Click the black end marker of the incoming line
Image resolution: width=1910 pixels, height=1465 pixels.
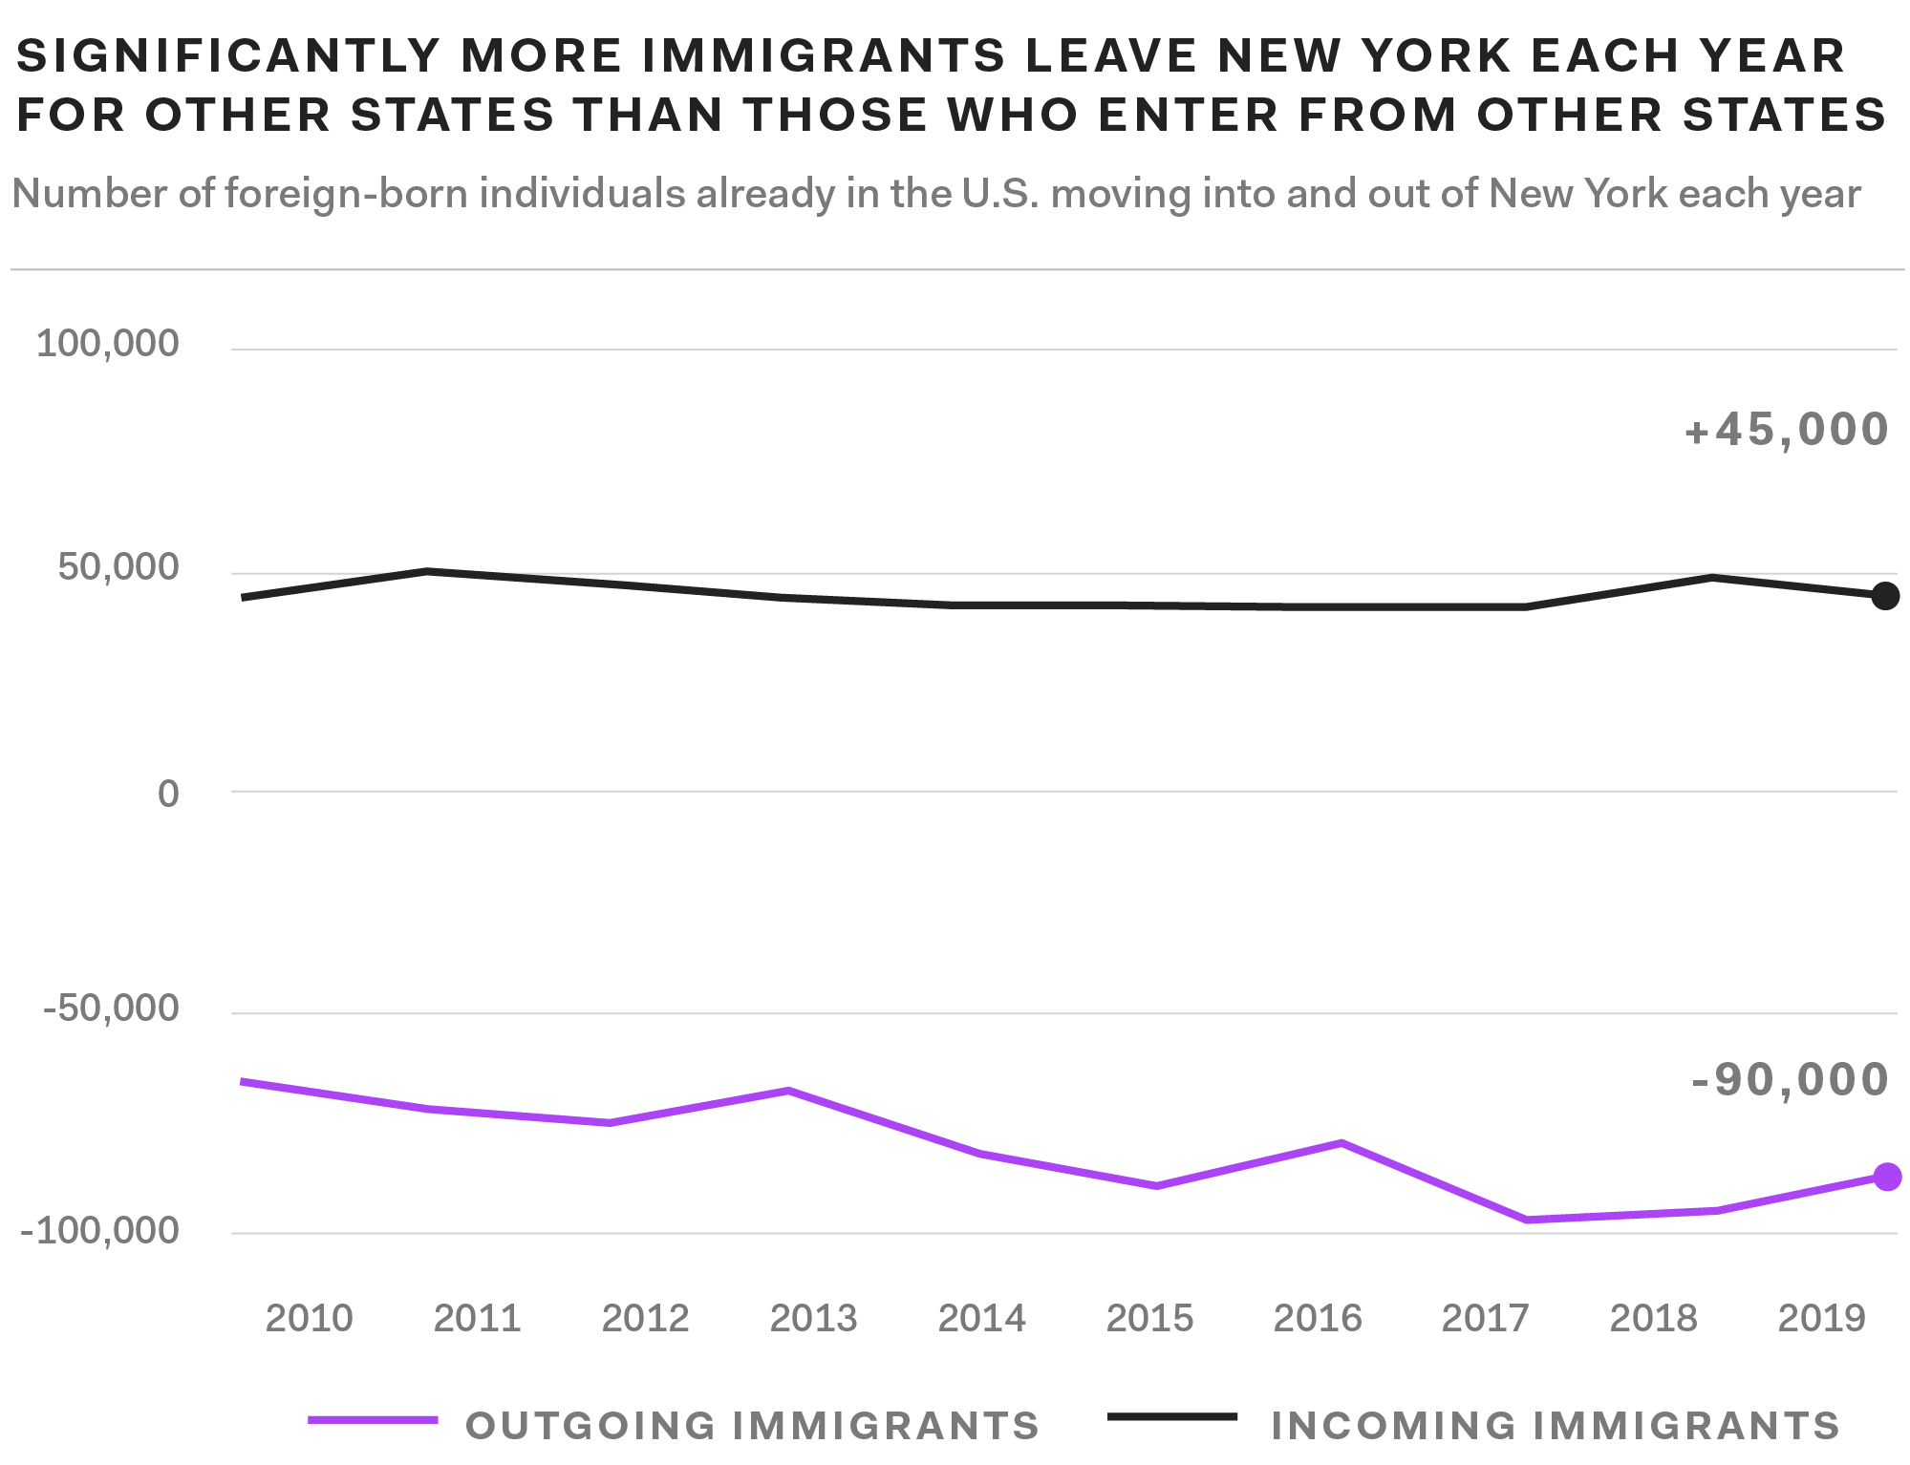[x=1884, y=596]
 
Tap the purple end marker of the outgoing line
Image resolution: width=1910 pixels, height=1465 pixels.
[x=1887, y=1177]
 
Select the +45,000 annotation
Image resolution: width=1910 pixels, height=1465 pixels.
[x=1786, y=430]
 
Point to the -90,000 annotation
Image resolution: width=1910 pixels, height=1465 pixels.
[x=1790, y=1080]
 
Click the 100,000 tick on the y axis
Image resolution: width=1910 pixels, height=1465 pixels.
[x=107, y=343]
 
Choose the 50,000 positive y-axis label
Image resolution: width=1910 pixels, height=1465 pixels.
[x=118, y=567]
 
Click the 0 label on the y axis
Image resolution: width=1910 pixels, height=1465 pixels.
[x=168, y=793]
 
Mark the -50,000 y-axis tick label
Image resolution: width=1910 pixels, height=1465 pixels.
[x=111, y=1008]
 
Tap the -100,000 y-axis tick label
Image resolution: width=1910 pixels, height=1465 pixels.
[x=99, y=1230]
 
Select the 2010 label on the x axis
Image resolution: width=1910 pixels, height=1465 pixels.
[x=309, y=1318]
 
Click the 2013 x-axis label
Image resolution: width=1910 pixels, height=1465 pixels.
[x=813, y=1318]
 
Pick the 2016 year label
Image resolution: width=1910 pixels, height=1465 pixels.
[x=1317, y=1318]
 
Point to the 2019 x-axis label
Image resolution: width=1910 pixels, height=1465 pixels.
[x=1821, y=1318]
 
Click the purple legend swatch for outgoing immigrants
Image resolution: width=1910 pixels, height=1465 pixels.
[x=373, y=1420]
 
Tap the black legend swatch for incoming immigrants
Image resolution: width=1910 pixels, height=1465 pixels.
[x=1171, y=1416]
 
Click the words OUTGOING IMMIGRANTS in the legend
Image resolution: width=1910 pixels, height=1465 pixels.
[x=752, y=1426]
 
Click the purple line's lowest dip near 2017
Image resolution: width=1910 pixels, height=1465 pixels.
[x=1526, y=1220]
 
